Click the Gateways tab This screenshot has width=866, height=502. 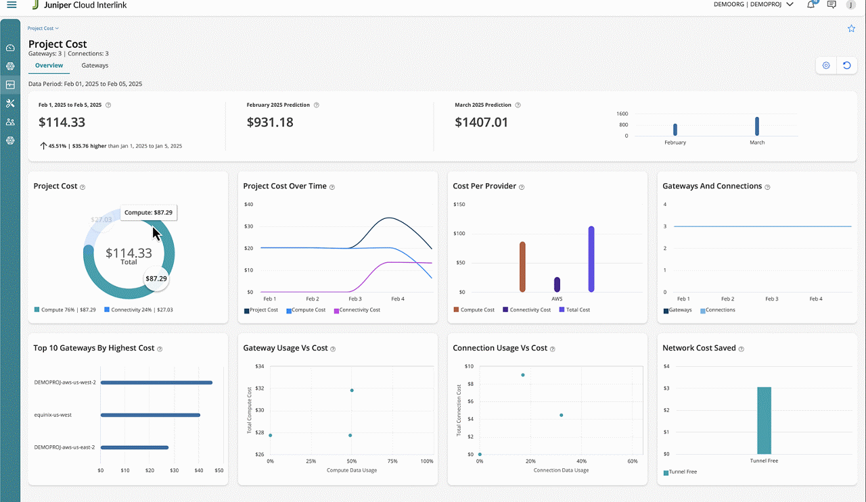pyautogui.click(x=95, y=66)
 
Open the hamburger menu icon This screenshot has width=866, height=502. pyautogui.click(x=12, y=5)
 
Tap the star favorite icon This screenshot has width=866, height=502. pyautogui.click(x=851, y=28)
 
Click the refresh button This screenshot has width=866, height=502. pyautogui.click(x=846, y=66)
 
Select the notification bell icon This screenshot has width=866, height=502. pyautogui.click(x=811, y=5)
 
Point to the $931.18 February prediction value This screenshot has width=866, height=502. pyautogui.click(x=270, y=122)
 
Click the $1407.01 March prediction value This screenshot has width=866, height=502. pyautogui.click(x=481, y=122)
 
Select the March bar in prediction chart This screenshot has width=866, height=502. pyautogui.click(x=757, y=126)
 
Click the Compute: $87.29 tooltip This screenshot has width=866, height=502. pyautogui.click(x=148, y=212)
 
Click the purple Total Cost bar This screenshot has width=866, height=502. pyautogui.click(x=591, y=259)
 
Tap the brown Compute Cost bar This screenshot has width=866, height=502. pyautogui.click(x=522, y=266)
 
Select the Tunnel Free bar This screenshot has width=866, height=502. pyautogui.click(x=764, y=420)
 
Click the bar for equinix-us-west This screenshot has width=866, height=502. pyautogui.click(x=150, y=415)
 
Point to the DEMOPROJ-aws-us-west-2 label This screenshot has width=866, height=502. pyautogui.click(x=65, y=382)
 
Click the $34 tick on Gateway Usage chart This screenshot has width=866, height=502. pyautogui.click(x=260, y=366)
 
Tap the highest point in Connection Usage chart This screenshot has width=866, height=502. pyautogui.click(x=523, y=375)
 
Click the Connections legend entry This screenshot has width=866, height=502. pyautogui.click(x=720, y=310)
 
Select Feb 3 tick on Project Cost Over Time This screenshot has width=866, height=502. pyautogui.click(x=355, y=299)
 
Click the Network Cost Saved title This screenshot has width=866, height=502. pyautogui.click(x=699, y=348)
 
